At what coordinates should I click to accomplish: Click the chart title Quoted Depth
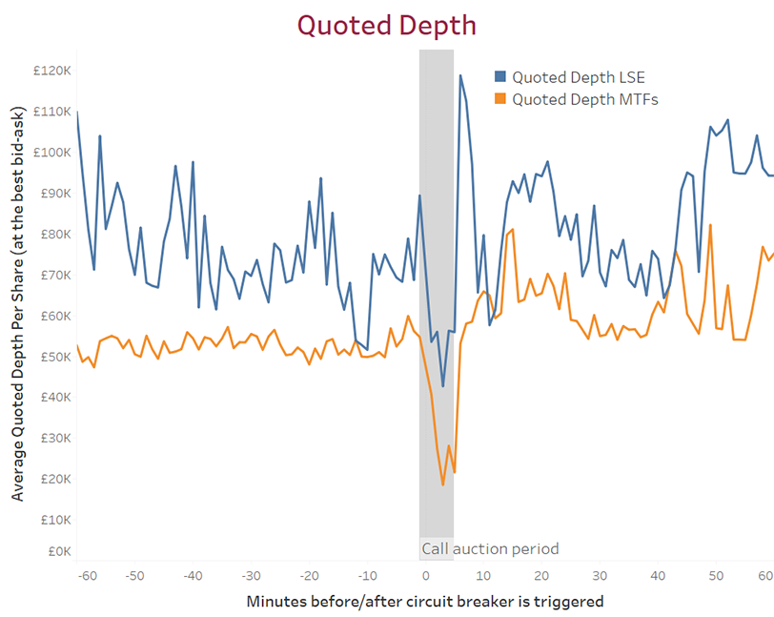pyautogui.click(x=386, y=25)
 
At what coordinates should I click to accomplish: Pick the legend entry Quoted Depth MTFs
pyautogui.click(x=584, y=98)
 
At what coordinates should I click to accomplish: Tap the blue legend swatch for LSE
pyautogui.click(x=499, y=77)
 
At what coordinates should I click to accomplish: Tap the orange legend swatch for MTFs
pyautogui.click(x=499, y=98)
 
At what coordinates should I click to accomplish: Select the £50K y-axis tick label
pyautogui.click(x=52, y=357)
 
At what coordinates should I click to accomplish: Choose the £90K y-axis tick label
pyautogui.click(x=52, y=193)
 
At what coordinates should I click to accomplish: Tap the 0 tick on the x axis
pyautogui.click(x=425, y=576)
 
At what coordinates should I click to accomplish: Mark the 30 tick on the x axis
pyautogui.click(x=599, y=576)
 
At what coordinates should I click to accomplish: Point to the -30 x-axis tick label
pyautogui.click(x=251, y=576)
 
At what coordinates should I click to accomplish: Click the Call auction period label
pyautogui.click(x=489, y=549)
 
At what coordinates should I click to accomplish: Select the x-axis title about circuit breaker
pyautogui.click(x=424, y=602)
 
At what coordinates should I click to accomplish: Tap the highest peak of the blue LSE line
pyautogui.click(x=460, y=75)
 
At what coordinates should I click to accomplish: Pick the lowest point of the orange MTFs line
pyautogui.click(x=443, y=484)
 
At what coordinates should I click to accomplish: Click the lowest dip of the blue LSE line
pyautogui.click(x=443, y=386)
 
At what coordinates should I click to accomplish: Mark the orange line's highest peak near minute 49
pyautogui.click(x=710, y=225)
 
